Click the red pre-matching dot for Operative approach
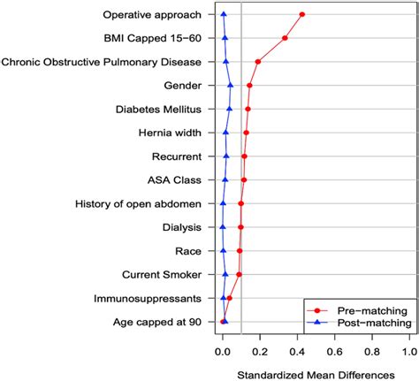[x=302, y=15]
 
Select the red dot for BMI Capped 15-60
[x=285, y=38]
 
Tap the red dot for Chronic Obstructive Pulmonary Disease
[x=257, y=62]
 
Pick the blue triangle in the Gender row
[x=230, y=86]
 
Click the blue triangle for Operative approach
[x=224, y=15]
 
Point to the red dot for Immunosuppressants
[x=229, y=298]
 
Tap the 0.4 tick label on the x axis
[x=298, y=350]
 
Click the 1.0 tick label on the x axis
[x=408, y=350]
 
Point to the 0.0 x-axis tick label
[x=224, y=350]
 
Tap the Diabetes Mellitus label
[x=158, y=109]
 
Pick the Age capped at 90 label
[x=157, y=322]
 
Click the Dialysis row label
[x=182, y=227]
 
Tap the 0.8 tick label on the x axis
[x=371, y=350]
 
